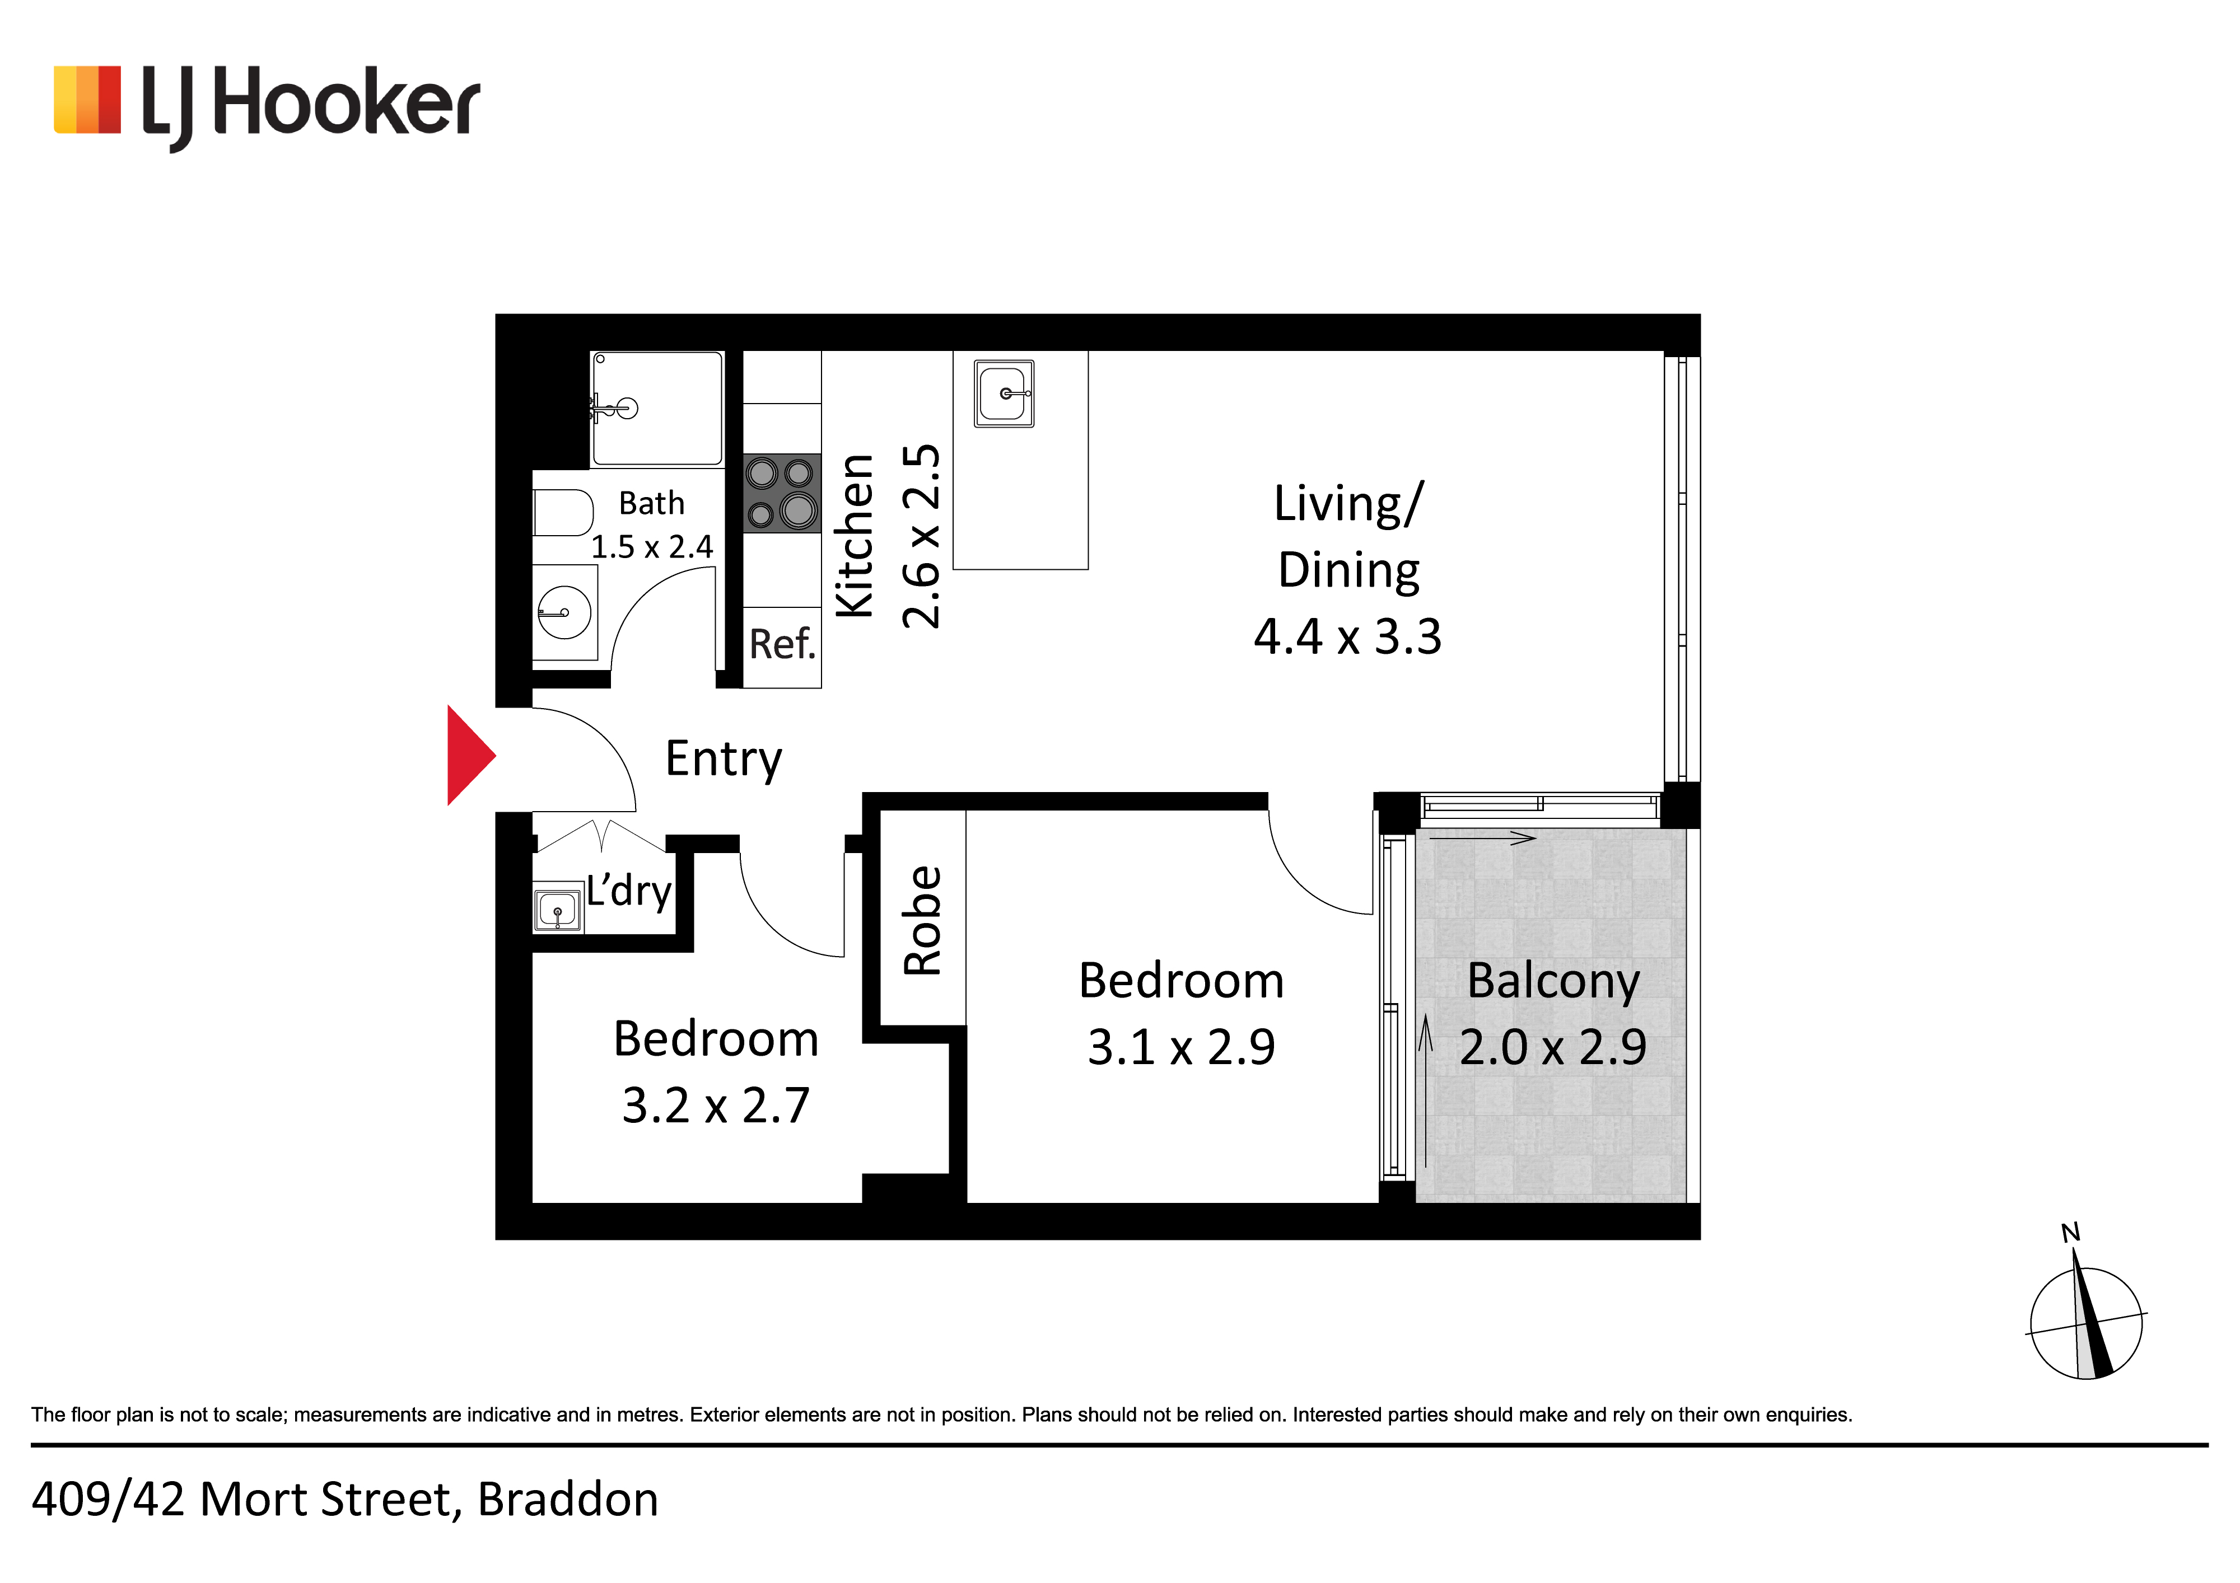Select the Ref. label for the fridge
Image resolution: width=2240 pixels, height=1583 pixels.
(x=781, y=644)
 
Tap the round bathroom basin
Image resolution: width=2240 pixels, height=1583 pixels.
(x=564, y=612)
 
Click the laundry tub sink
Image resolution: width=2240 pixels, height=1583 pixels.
(x=557, y=911)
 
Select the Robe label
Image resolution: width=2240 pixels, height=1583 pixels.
(x=922, y=921)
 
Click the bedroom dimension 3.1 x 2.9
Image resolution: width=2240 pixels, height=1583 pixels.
(x=1182, y=1047)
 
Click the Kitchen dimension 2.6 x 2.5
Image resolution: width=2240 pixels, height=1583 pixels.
(x=921, y=536)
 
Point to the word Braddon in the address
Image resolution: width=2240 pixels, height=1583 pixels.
(x=568, y=1500)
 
